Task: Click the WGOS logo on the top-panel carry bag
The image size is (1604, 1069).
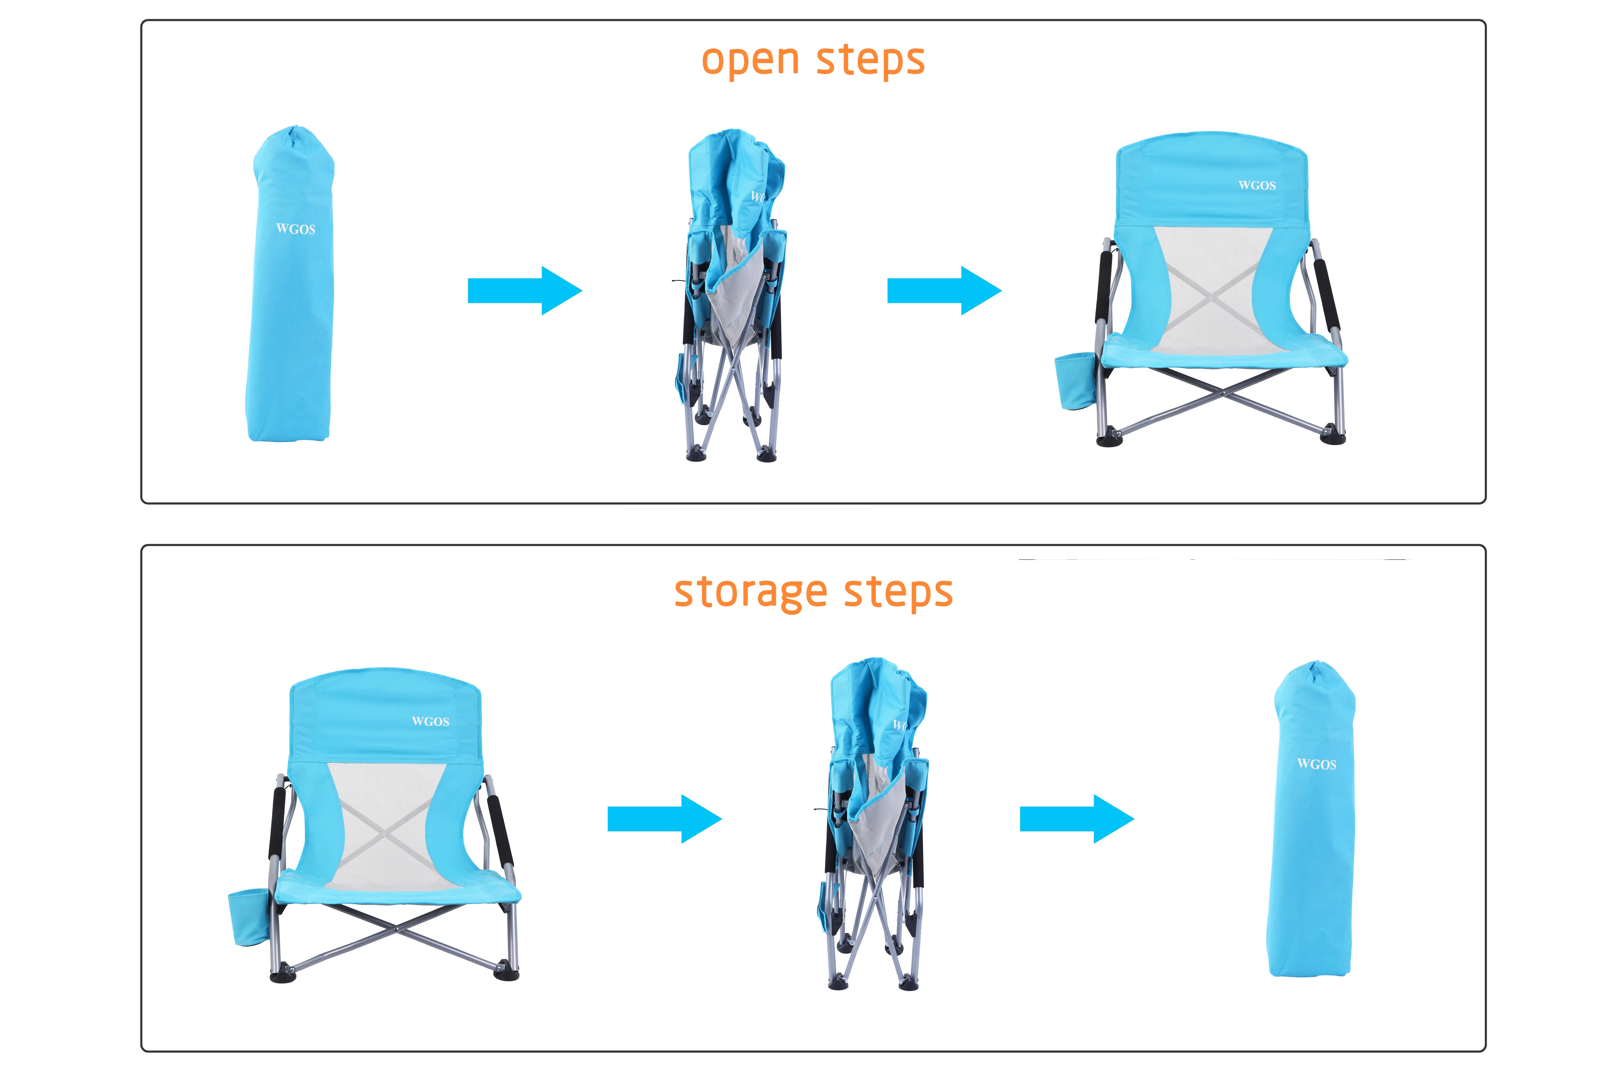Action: tap(295, 229)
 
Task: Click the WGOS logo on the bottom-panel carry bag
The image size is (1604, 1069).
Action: tap(1316, 764)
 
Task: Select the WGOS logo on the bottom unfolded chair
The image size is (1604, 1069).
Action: tap(430, 721)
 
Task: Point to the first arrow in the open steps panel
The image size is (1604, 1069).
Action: tap(524, 290)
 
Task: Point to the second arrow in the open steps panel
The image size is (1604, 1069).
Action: tap(944, 290)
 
